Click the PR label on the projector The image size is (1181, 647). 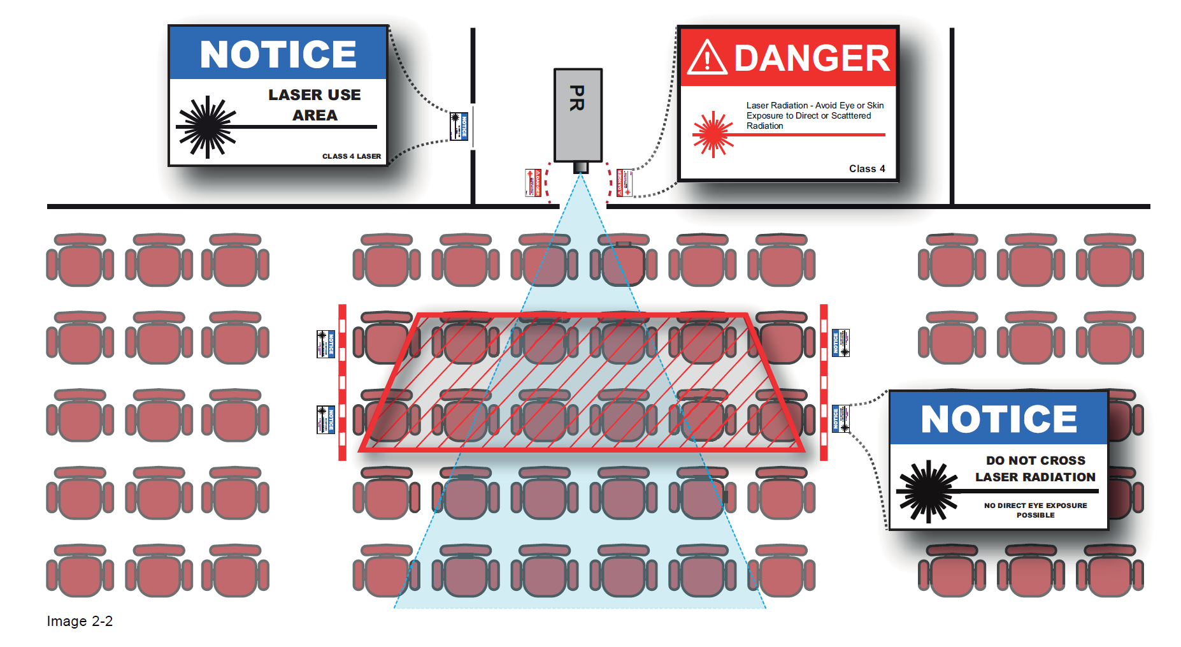577,98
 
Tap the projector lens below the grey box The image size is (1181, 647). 580,167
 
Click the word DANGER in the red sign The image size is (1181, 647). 811,59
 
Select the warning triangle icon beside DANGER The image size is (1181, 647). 707,59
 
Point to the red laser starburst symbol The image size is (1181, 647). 713,134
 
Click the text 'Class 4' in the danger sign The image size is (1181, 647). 866,169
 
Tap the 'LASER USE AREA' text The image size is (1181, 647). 315,105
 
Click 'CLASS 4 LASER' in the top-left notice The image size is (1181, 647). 351,156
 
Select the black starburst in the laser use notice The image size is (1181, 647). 207,126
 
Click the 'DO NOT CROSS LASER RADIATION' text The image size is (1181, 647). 1035,469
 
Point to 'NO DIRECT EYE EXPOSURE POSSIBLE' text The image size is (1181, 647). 1035,510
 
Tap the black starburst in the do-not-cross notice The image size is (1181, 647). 927,491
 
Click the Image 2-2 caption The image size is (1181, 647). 80,621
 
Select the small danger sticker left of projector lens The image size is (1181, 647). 533,183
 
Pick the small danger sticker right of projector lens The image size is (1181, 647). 624,183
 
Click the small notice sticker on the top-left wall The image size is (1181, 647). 459,126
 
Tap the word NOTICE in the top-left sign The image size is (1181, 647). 278,54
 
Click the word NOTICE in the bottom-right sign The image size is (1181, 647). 998,419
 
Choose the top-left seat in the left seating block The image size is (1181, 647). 80,260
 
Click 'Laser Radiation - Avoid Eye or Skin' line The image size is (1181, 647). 815,105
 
